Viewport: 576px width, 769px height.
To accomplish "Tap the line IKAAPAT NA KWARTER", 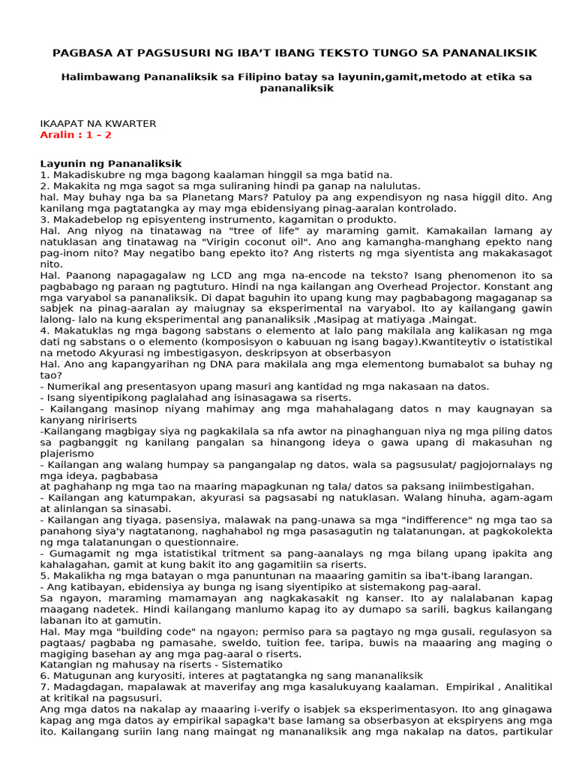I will coord(97,123).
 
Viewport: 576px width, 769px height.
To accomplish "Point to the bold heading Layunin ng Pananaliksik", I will coord(110,163).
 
